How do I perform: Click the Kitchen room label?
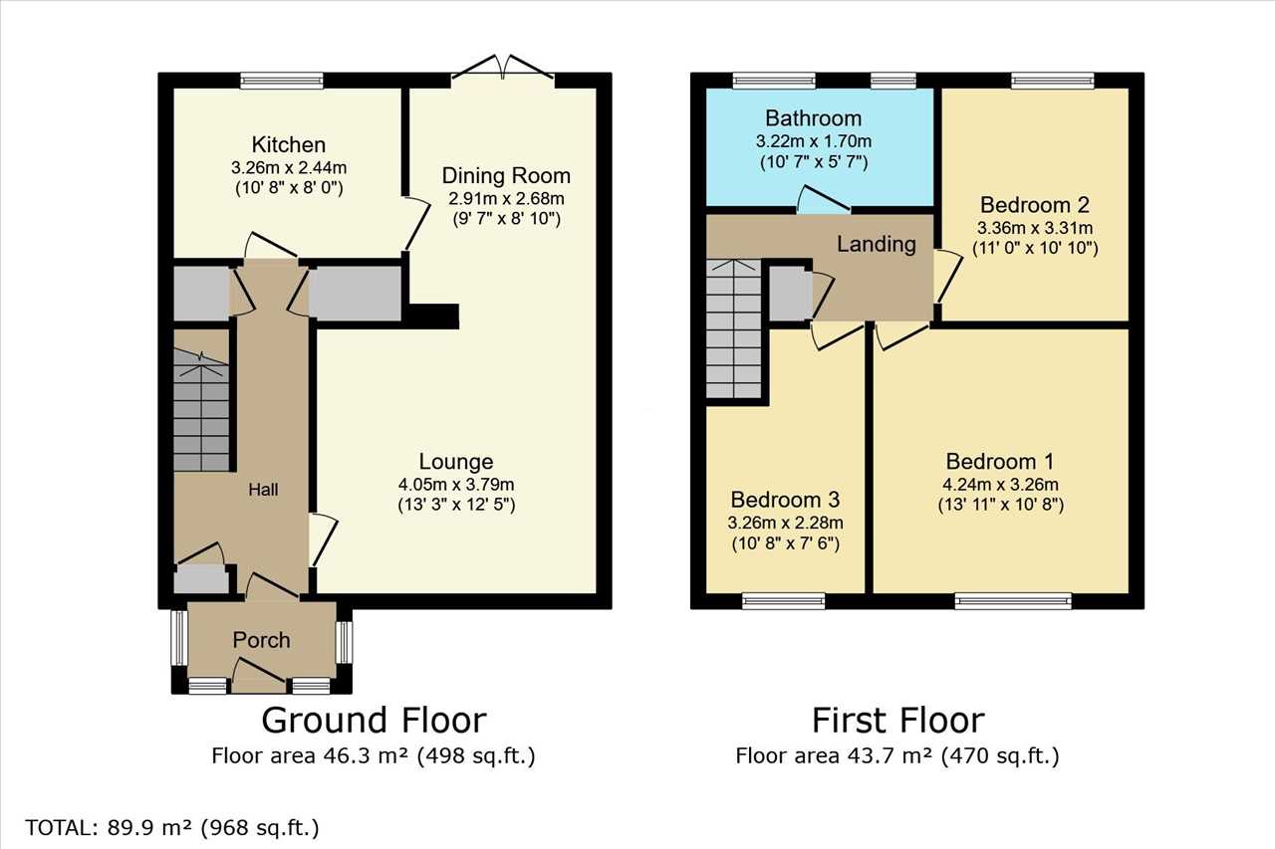tap(289, 145)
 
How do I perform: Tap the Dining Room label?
tap(506, 176)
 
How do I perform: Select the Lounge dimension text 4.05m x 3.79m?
tap(456, 485)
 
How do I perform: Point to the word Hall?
tap(263, 490)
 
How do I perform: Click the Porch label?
tap(261, 640)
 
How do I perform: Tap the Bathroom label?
tap(813, 118)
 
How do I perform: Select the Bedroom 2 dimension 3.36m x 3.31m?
tap(1035, 229)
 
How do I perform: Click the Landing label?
tap(877, 244)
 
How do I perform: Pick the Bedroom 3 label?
tap(786, 500)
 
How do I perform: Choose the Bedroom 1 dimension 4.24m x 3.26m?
tap(1001, 485)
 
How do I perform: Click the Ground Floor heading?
tap(374, 720)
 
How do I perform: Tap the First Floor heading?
tap(898, 720)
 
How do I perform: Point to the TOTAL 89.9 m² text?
tap(172, 828)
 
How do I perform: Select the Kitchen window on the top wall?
tap(282, 81)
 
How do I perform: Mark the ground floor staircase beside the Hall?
tap(201, 409)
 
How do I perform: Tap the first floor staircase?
tap(734, 328)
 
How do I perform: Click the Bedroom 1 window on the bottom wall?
tap(1013, 601)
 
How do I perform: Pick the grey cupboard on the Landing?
tap(790, 294)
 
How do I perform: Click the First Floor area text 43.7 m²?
tap(897, 756)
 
